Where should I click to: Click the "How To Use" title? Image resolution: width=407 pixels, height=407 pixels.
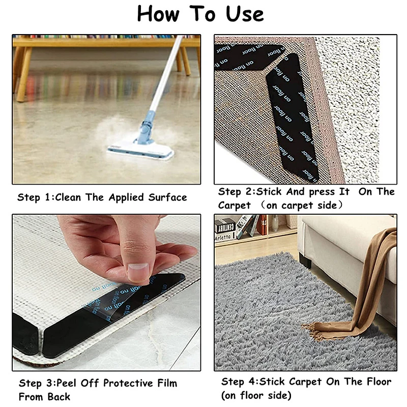200,14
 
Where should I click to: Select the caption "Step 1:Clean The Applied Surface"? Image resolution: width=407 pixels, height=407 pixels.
102,197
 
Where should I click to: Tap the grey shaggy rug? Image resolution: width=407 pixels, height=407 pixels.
265,315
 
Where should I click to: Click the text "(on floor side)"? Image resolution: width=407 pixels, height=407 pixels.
256,395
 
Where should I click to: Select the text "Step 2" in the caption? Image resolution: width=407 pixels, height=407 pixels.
236,192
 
